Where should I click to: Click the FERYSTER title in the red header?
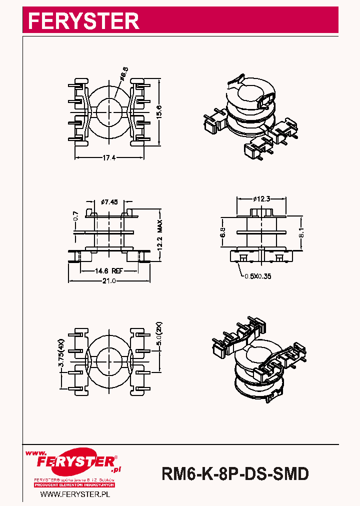(x=83, y=21)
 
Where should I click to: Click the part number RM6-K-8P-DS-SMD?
(x=235, y=473)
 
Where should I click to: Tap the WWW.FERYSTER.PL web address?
(x=75, y=494)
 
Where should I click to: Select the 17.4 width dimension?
(x=109, y=158)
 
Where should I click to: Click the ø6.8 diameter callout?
(x=123, y=75)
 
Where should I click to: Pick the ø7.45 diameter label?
(x=109, y=202)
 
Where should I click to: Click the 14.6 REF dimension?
(x=108, y=270)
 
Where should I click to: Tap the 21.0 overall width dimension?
(x=109, y=281)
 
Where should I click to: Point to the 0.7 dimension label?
(x=76, y=216)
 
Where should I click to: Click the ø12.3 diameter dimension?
(x=261, y=198)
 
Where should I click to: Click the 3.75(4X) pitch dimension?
(x=61, y=353)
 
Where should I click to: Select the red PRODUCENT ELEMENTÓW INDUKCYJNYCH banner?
(x=75, y=485)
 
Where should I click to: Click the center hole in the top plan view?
(x=109, y=110)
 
